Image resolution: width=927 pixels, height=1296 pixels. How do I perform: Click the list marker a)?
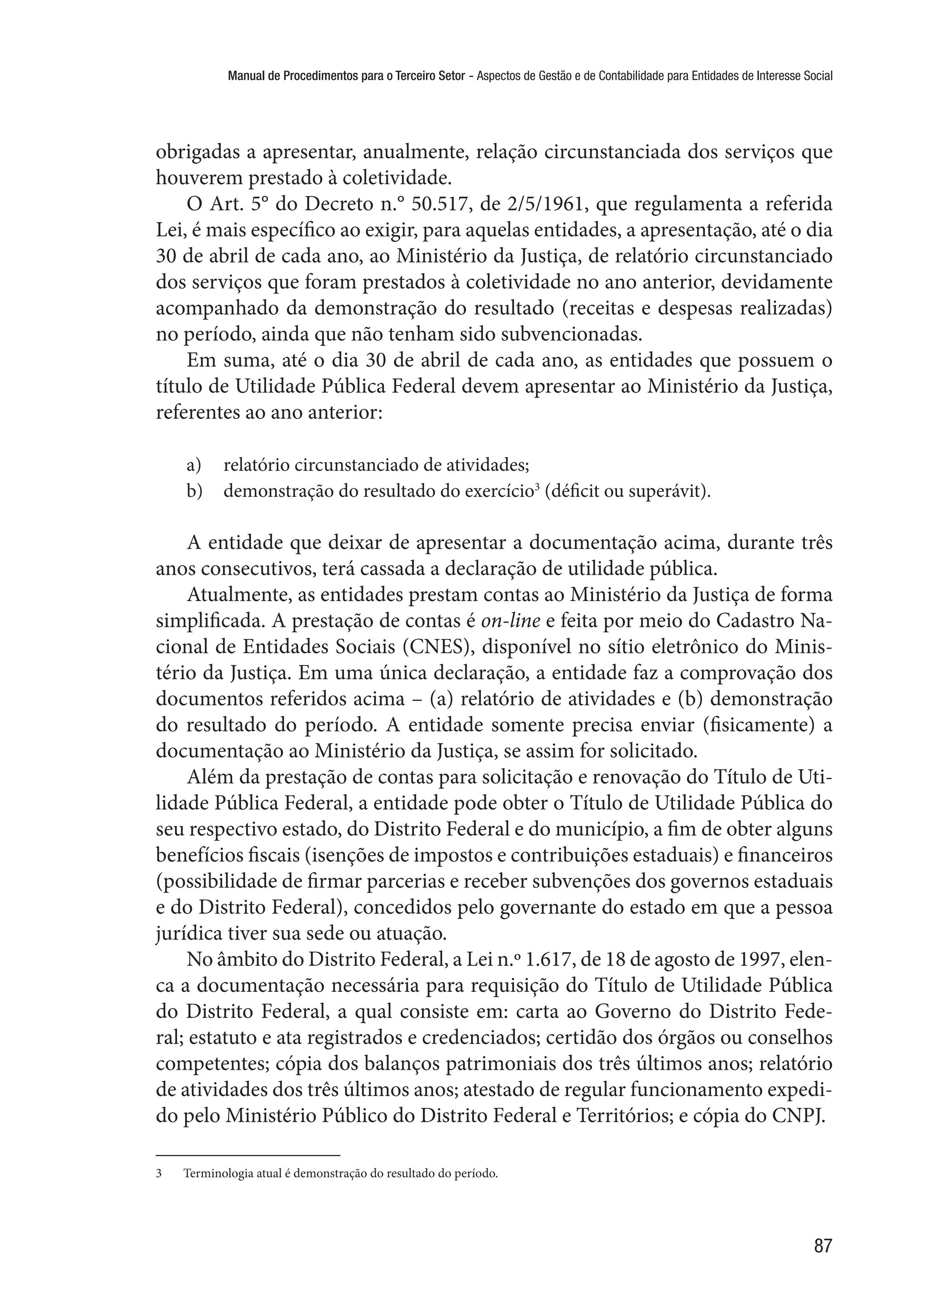[194, 466]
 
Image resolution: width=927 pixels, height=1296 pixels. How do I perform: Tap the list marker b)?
[194, 491]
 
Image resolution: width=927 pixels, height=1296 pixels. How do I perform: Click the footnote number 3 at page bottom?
[159, 1174]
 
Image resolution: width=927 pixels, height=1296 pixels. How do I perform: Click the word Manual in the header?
[245, 75]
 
